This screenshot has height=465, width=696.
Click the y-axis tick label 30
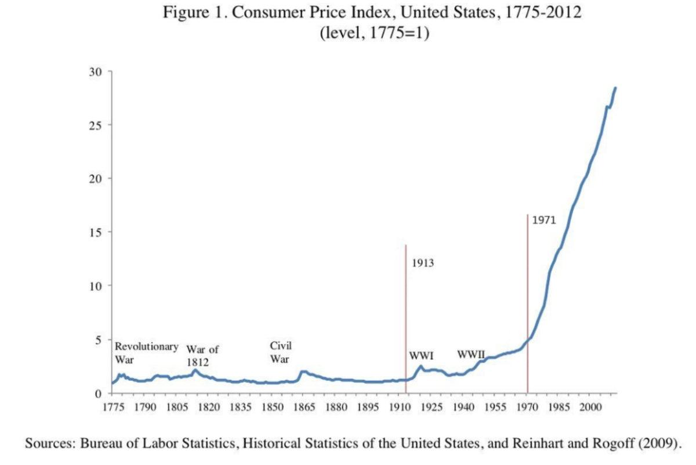(x=95, y=72)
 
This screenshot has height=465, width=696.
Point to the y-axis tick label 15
(x=95, y=232)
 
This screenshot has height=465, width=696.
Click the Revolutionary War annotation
(x=146, y=352)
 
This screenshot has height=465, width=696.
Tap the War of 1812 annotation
(x=202, y=355)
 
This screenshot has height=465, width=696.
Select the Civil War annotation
(x=281, y=352)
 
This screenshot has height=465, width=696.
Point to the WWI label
(x=422, y=355)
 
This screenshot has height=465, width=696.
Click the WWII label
(x=471, y=354)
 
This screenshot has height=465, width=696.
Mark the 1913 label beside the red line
(x=423, y=263)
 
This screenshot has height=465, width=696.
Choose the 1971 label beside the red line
(x=544, y=221)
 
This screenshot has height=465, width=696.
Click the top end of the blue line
(x=615, y=88)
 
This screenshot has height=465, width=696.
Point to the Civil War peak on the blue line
(x=303, y=372)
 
